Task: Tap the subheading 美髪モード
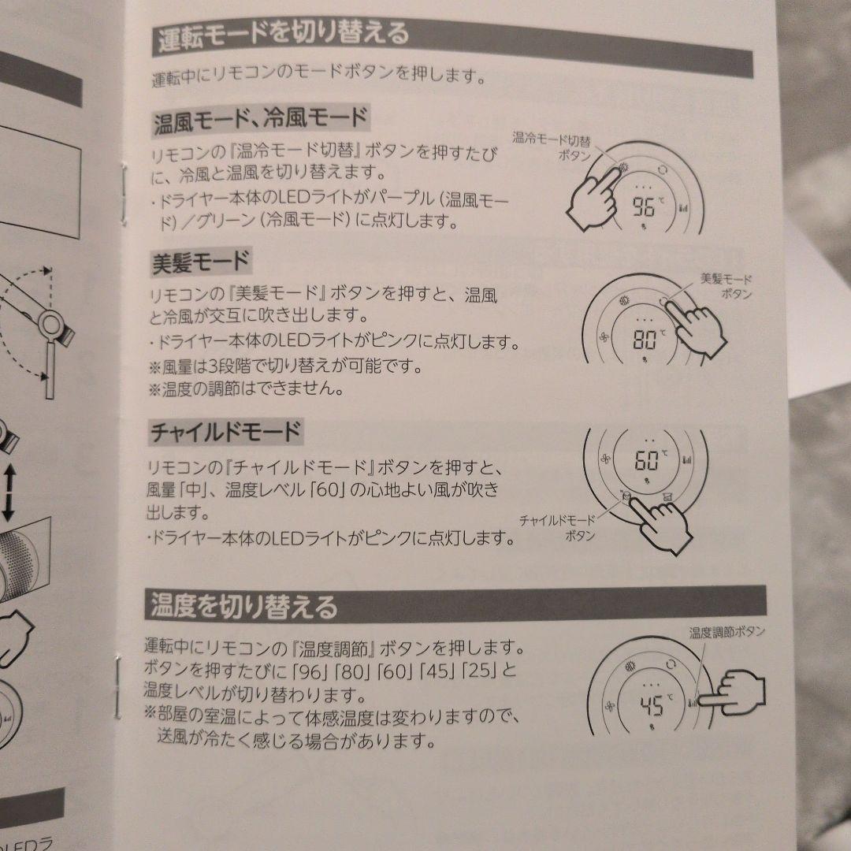point(200,262)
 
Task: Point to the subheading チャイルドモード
point(225,432)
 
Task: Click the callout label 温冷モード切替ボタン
point(552,147)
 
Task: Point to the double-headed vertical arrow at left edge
point(9,490)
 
